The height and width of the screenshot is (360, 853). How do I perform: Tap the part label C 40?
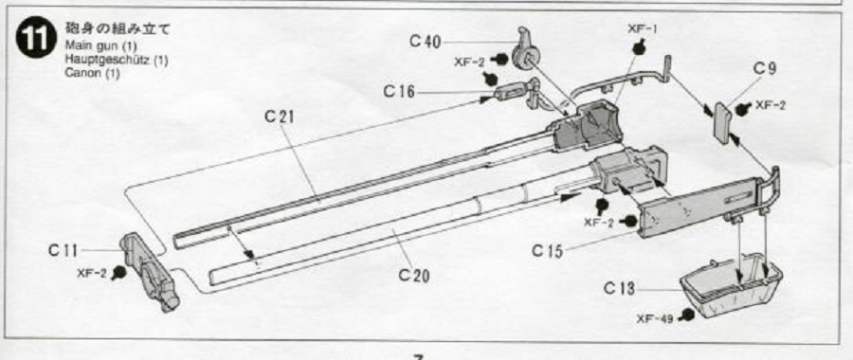(425, 42)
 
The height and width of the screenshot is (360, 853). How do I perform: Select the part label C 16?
(398, 92)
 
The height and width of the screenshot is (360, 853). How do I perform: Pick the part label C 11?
(63, 251)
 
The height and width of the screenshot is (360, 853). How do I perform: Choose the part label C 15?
(546, 251)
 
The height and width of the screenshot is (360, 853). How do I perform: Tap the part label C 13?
(619, 289)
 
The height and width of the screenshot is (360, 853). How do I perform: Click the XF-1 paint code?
(642, 28)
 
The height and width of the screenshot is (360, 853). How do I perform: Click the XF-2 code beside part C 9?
(771, 106)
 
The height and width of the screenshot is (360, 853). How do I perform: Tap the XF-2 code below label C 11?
(93, 273)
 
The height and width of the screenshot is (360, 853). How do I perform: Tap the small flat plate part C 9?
(722, 123)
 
